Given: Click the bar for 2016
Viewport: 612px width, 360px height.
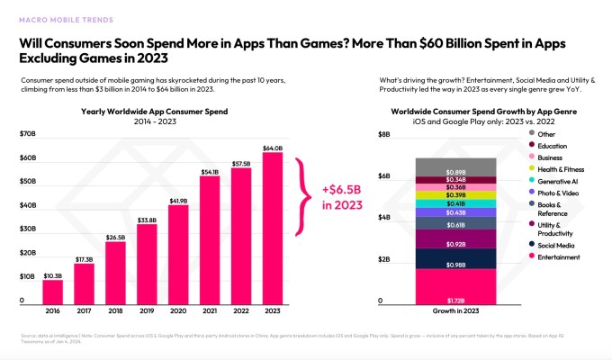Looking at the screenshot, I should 53,292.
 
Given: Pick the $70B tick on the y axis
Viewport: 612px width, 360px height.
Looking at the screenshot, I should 29,134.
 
